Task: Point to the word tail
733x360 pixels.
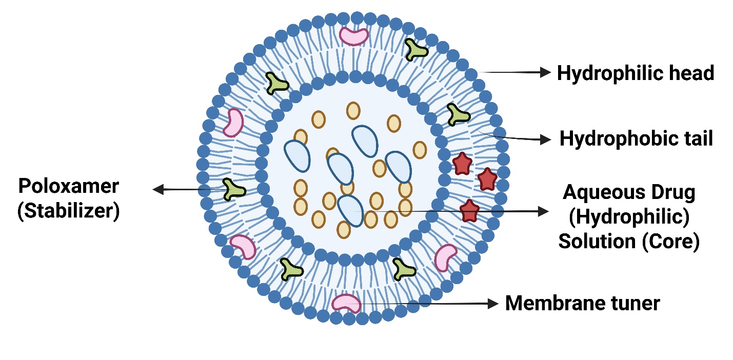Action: (695, 138)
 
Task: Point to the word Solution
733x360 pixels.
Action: (596, 242)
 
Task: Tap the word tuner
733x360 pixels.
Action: (633, 303)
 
